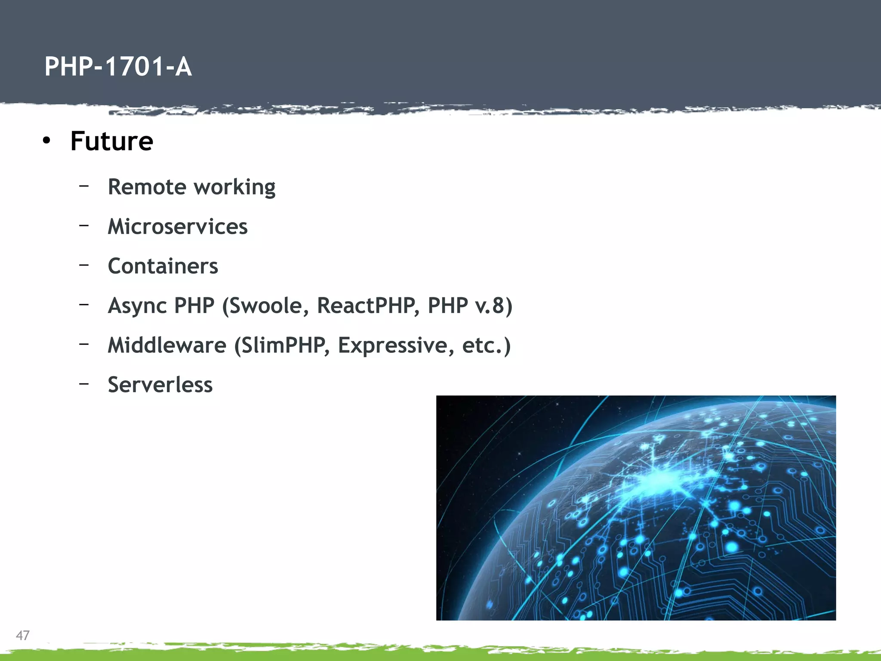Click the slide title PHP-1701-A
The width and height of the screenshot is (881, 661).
pos(118,67)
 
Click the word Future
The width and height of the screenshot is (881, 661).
pos(111,141)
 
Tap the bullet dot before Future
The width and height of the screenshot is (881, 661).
pos(46,140)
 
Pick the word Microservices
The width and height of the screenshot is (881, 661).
pos(177,226)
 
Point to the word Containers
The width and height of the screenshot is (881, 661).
pos(163,266)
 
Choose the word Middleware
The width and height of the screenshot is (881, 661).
pos(166,345)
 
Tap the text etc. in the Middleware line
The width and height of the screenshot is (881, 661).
pos(483,345)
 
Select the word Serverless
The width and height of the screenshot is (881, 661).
pos(160,385)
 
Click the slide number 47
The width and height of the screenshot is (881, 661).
pos(22,635)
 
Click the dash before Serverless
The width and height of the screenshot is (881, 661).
pos(84,383)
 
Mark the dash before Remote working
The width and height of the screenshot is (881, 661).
pos(84,185)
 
